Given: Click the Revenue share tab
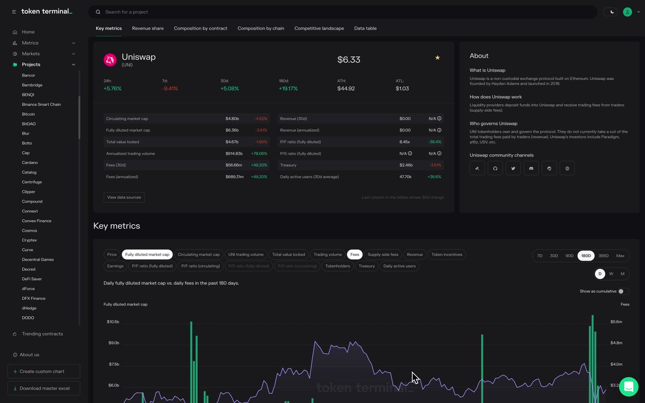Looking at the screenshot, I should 148,28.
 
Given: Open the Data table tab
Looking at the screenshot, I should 365,28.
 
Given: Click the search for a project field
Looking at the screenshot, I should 344,12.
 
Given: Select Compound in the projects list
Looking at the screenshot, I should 32,201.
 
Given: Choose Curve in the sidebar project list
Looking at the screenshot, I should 27,250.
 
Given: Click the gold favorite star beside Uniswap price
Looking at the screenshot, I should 438,57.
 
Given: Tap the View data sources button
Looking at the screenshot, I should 124,197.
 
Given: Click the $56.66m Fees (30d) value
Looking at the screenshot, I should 234,165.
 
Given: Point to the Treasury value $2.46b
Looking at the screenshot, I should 406,165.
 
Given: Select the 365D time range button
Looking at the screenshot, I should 604,256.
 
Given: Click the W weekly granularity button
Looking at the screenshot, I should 611,274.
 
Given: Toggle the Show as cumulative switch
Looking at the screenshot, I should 623,291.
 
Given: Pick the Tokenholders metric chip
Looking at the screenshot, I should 338,266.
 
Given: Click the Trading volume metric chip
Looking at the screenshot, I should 328,255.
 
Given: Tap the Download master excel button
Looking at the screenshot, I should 44,388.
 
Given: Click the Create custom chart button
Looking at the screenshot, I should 44,371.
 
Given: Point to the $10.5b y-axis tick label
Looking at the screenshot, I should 113,322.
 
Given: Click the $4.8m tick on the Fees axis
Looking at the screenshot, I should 616,343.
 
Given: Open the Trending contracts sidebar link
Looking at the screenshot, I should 42,334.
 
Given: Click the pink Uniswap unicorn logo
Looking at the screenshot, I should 110,60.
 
